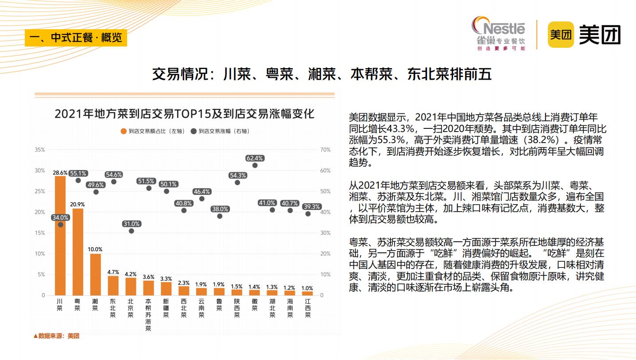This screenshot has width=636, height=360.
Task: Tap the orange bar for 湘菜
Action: [x=96, y=274]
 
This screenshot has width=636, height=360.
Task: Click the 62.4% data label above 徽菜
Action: [x=255, y=158]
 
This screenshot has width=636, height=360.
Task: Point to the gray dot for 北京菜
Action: [x=131, y=231]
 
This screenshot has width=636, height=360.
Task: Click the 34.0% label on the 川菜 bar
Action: [x=60, y=217]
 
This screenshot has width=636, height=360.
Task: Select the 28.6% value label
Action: [x=60, y=173]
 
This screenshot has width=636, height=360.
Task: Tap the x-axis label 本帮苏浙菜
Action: [x=148, y=315]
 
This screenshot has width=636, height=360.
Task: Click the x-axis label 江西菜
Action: [x=308, y=308]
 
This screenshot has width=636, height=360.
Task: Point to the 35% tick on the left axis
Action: [x=40, y=150]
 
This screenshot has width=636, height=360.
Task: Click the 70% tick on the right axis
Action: [x=325, y=150]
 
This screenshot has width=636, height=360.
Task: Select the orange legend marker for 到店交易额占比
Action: [x=124, y=131]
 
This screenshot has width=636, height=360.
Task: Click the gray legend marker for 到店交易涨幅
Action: [x=194, y=131]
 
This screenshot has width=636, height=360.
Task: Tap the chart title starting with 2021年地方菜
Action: [x=184, y=114]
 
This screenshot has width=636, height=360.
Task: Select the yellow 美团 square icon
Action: [x=560, y=34]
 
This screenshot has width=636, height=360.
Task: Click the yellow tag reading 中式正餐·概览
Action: [x=76, y=38]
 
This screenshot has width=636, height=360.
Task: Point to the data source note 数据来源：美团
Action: [x=56, y=336]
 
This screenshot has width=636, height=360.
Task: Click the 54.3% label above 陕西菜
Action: [x=237, y=175]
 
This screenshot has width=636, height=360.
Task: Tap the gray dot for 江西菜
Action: [x=308, y=213]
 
